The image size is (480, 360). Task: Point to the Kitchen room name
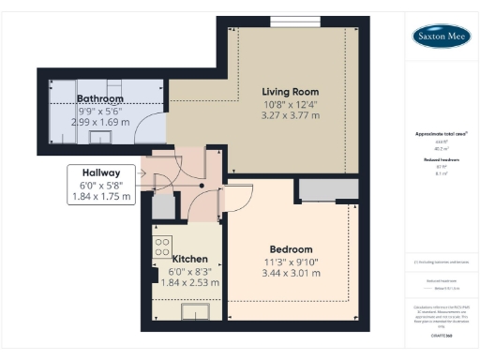pyautogui.click(x=189, y=257)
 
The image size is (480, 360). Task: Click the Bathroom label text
pyautogui.click(x=100, y=98)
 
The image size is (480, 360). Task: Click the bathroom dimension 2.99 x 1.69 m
pyautogui.click(x=100, y=122)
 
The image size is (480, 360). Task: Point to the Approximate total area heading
pyautogui.click(x=440, y=134)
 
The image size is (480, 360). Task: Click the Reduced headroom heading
pyautogui.click(x=440, y=160)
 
